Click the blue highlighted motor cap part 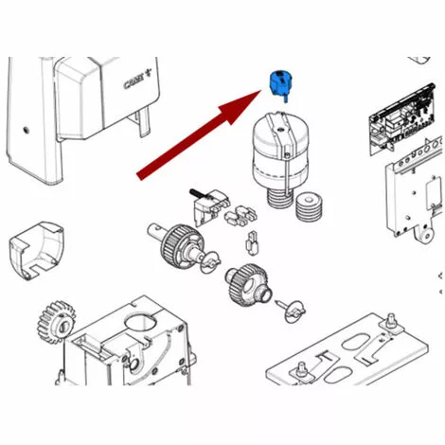click(x=278, y=83)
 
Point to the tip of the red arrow click(x=261, y=91)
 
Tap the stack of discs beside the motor click(x=309, y=206)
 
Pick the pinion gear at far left click(x=57, y=322)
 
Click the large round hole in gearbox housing click(x=140, y=323)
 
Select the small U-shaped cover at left click(x=36, y=251)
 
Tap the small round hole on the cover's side click(x=27, y=130)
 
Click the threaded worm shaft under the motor click(x=279, y=198)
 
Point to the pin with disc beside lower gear click(x=292, y=310)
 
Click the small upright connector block click(x=252, y=243)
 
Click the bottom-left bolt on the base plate click(x=301, y=368)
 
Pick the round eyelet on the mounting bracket click(x=427, y=235)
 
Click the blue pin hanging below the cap click(x=286, y=98)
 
